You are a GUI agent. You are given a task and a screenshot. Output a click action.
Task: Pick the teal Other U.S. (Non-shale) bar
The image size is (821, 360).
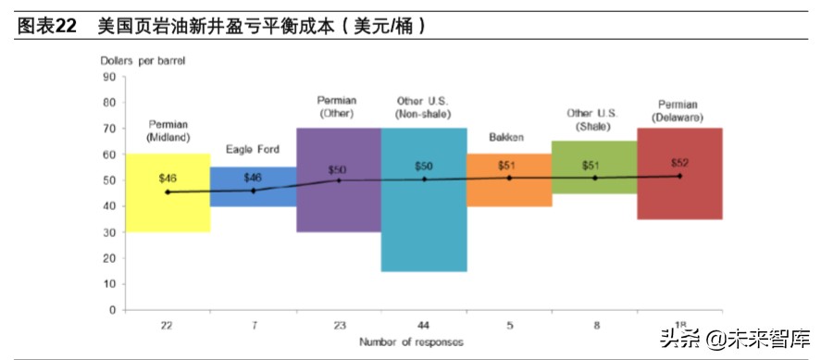pos(424,231)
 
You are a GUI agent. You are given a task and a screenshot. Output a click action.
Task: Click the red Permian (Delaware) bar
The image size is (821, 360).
pos(680,199)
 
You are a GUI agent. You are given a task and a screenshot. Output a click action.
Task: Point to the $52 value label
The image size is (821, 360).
pos(680,163)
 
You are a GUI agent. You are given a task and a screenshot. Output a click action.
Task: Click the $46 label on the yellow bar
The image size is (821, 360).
pos(168,178)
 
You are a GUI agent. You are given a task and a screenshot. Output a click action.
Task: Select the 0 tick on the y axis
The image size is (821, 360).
pos(111,310)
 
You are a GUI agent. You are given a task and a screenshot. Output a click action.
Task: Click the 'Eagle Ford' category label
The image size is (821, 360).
pos(253,149)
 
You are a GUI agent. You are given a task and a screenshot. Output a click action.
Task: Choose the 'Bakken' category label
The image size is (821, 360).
pos(507,137)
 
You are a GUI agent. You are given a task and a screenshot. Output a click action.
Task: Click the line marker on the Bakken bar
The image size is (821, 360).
pos(509,178)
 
